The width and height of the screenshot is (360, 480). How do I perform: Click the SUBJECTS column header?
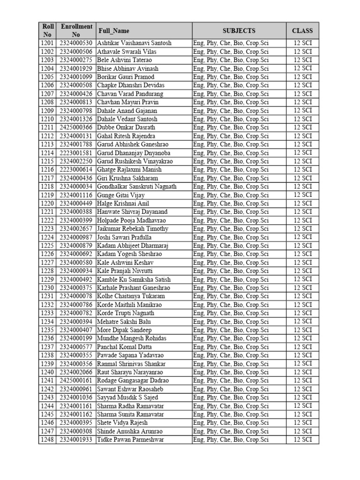point(239,31)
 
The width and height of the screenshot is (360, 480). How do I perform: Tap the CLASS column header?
point(302,31)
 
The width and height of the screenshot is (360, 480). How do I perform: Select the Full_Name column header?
point(113,31)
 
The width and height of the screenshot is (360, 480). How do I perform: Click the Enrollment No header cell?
point(76,30)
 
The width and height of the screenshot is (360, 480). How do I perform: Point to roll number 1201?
point(47,43)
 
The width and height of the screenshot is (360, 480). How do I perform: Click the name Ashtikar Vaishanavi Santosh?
point(134,43)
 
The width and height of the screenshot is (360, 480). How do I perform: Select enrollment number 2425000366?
point(76,127)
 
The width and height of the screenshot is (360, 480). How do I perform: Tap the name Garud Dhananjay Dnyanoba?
point(134,153)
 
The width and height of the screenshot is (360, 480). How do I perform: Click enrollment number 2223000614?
point(76,170)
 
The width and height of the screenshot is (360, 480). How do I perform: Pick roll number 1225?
point(47,246)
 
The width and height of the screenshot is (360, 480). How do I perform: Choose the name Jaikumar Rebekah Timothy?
point(133,229)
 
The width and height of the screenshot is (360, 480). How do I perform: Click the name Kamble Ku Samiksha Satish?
point(134,279)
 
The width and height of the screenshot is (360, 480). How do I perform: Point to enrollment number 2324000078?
point(76,296)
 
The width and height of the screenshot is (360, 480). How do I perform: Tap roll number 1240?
point(47,372)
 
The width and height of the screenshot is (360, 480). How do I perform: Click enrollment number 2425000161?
point(76,381)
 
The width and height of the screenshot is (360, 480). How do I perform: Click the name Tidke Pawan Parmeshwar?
point(130,440)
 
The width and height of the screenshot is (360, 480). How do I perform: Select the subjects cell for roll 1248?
point(231,440)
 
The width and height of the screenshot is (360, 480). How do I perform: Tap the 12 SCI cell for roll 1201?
point(302,43)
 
